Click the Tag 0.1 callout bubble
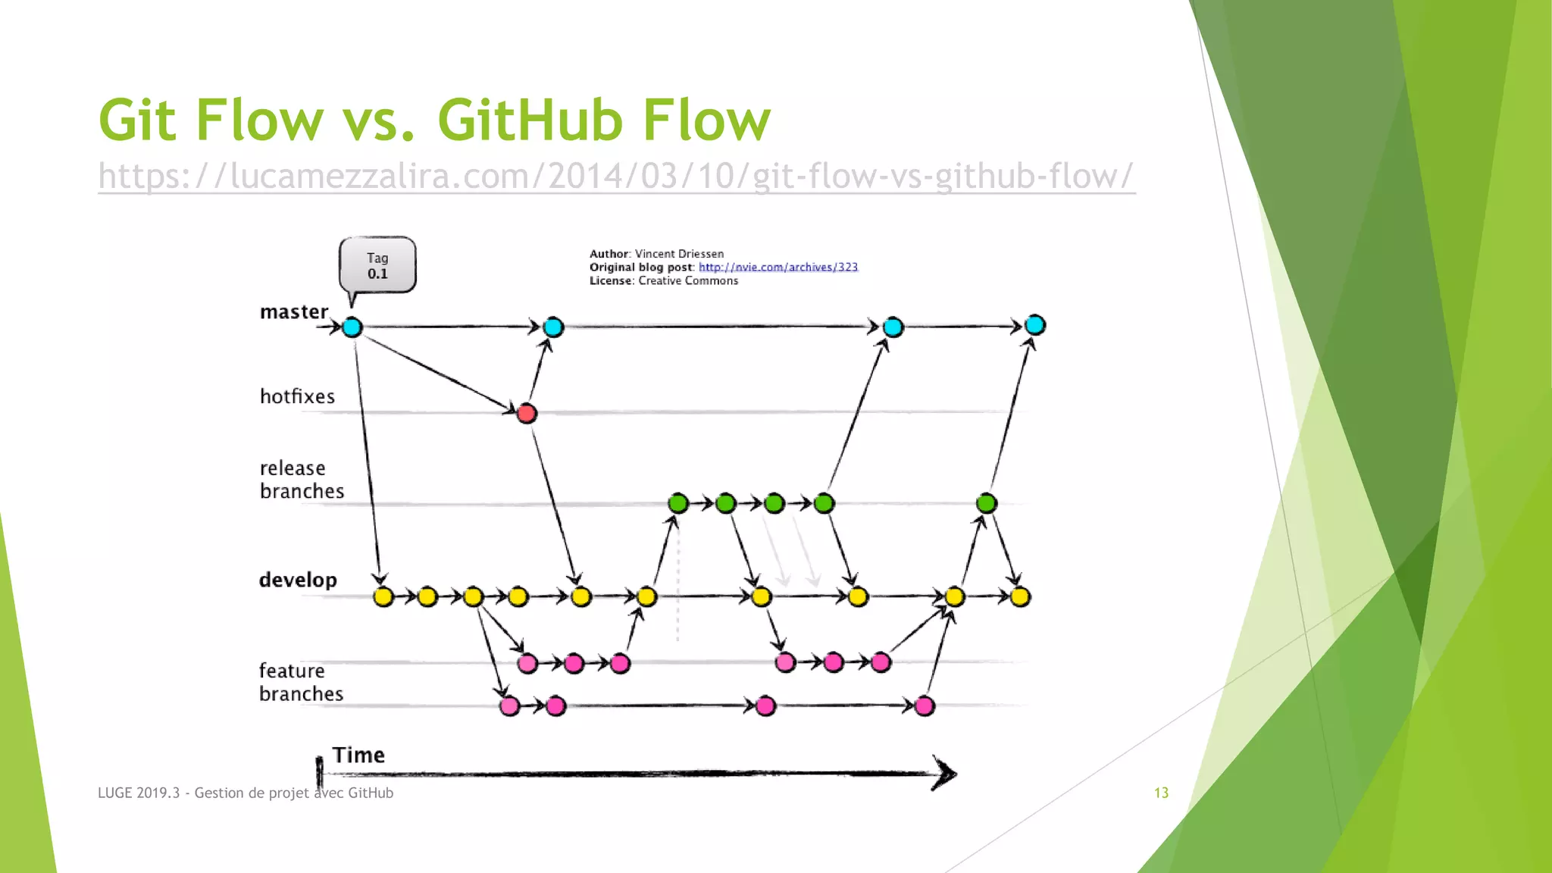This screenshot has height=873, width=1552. point(377,265)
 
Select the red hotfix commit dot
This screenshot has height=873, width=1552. point(527,413)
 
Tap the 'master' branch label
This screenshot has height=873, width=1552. point(294,311)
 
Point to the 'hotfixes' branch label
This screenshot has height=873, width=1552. point(297,396)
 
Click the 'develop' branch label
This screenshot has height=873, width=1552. point(298,580)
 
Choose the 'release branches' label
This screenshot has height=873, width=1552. point(302,480)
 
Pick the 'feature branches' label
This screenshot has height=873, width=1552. point(301,682)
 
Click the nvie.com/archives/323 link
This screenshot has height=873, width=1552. point(778,267)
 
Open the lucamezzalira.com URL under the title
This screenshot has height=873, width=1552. point(615,176)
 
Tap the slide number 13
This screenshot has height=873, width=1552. point(1161,793)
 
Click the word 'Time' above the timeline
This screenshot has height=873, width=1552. point(358,755)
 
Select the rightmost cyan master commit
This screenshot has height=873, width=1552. point(1035,325)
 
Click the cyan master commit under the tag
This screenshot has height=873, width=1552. point(352,327)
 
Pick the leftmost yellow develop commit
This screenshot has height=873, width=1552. point(383,597)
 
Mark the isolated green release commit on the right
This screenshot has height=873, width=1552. point(986,503)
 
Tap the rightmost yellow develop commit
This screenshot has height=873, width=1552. point(1020,597)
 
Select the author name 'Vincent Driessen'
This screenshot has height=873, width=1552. point(679,254)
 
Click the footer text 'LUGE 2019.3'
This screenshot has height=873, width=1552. point(139,793)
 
